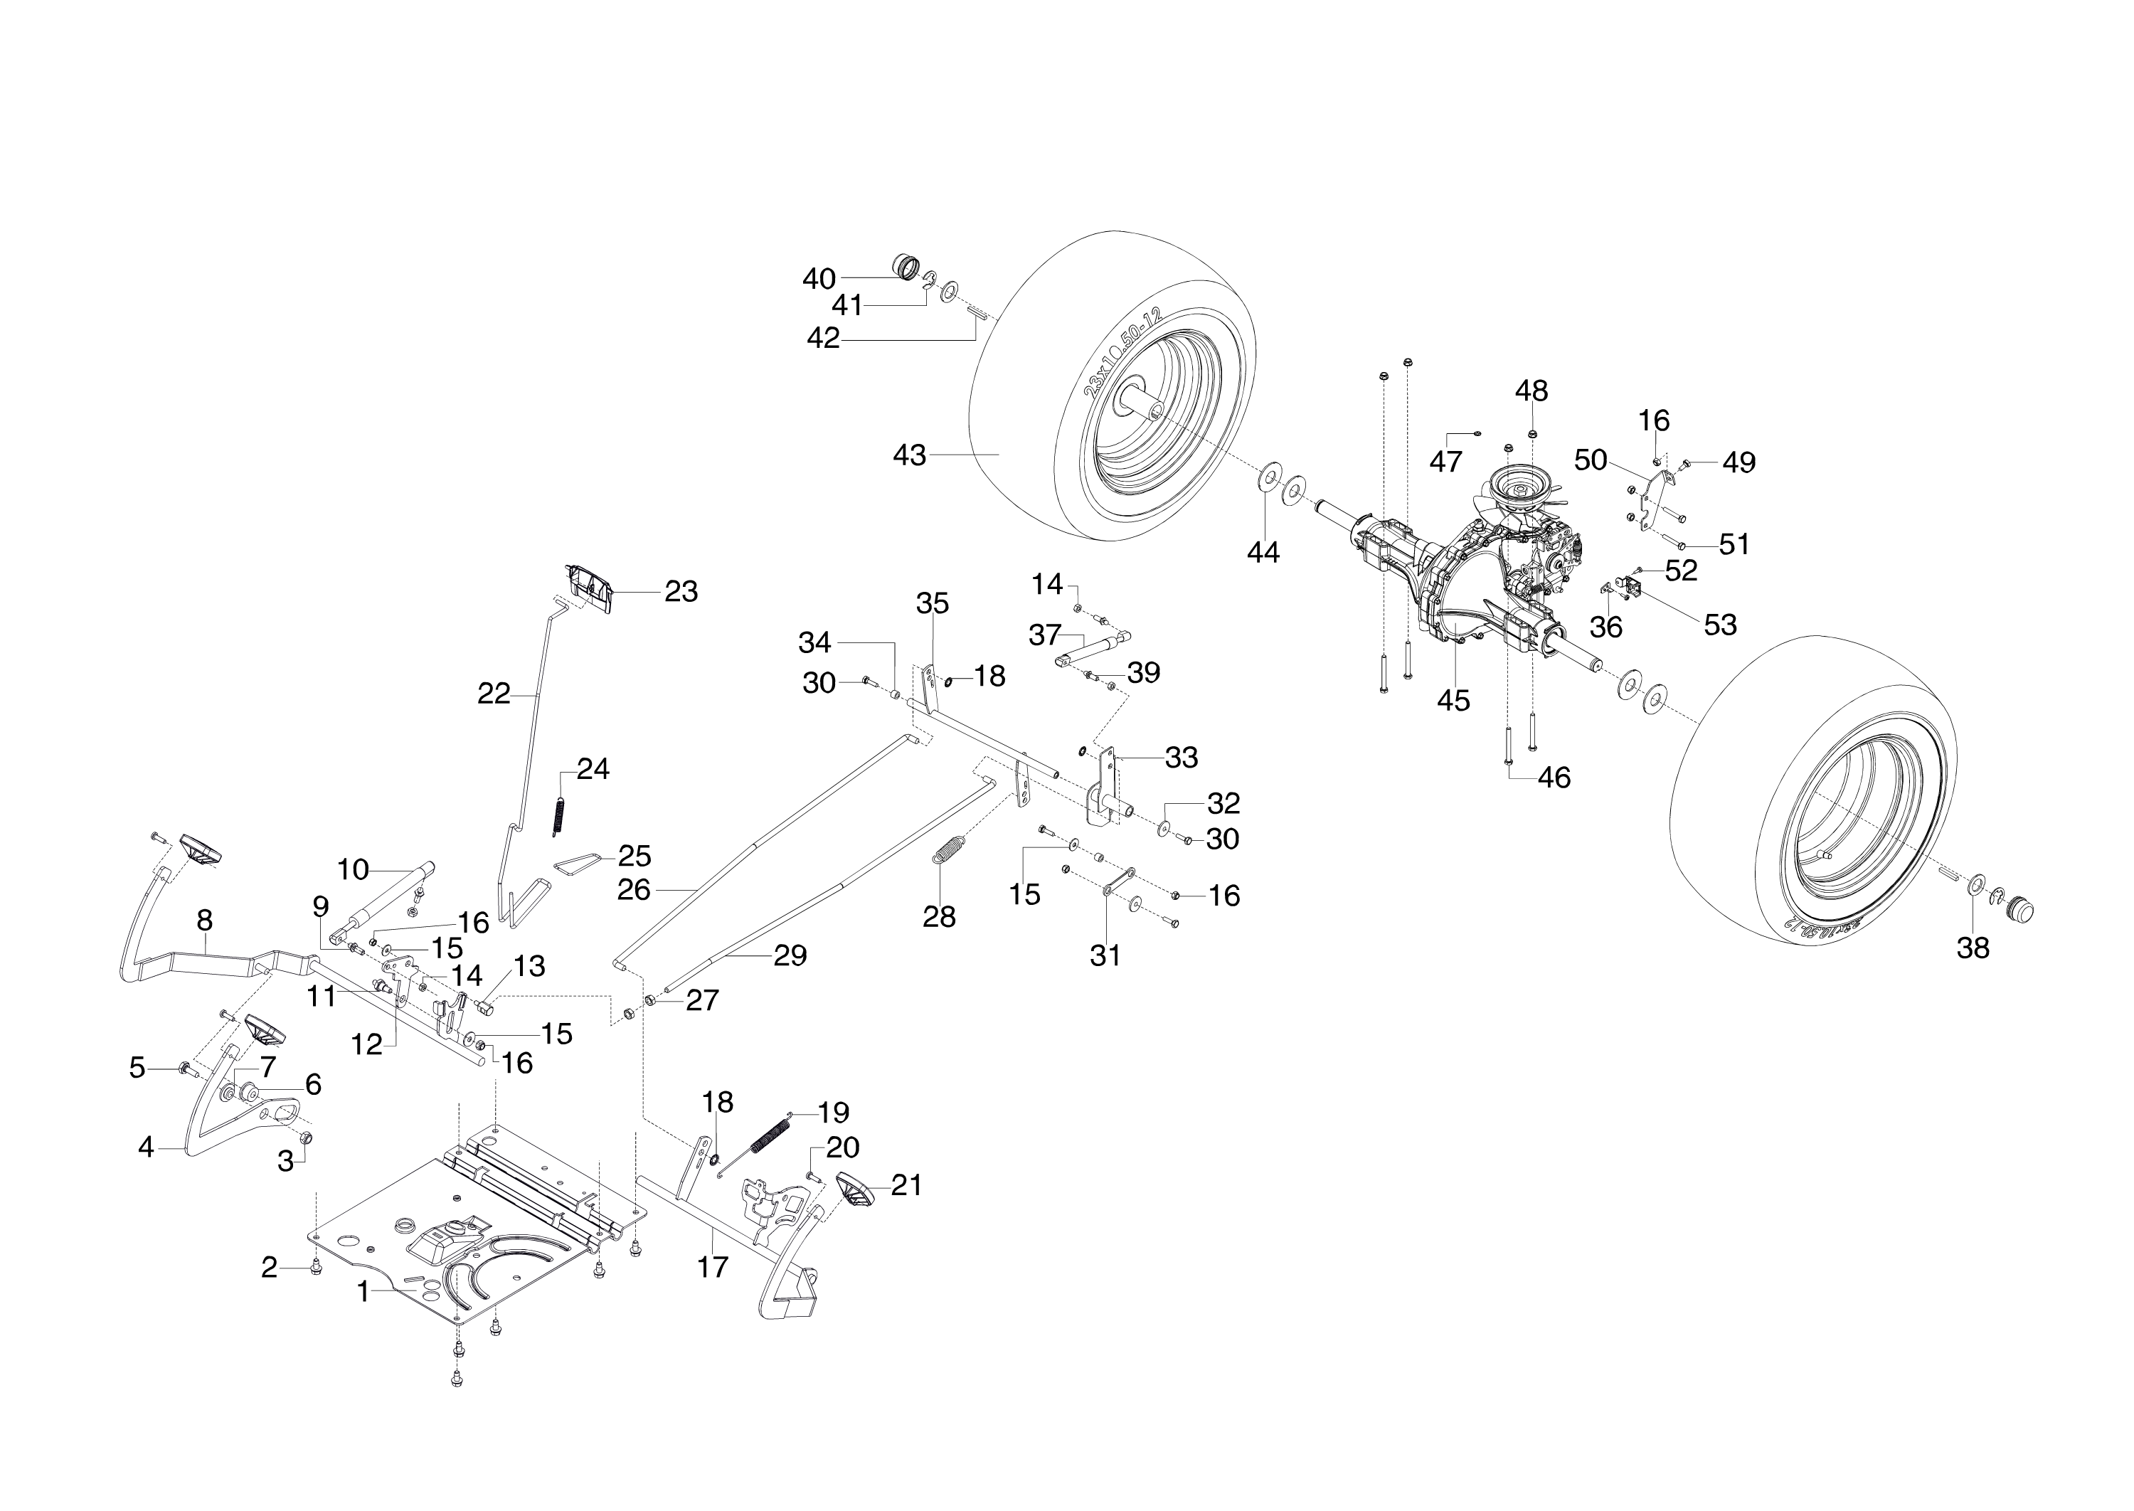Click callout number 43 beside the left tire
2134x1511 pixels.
click(909, 455)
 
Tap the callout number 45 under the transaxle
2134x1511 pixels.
click(1453, 701)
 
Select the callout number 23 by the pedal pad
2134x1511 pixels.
click(681, 592)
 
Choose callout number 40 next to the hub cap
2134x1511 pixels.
click(819, 278)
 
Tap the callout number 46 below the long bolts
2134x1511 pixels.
click(1554, 777)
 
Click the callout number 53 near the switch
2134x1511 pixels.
click(1720, 625)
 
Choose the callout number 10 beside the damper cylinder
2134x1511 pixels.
click(353, 870)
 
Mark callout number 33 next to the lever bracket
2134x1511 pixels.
click(1182, 758)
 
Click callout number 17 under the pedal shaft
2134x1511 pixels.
click(713, 1266)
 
